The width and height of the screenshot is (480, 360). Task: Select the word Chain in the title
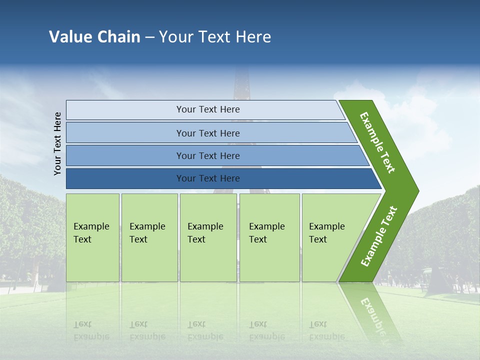(119, 36)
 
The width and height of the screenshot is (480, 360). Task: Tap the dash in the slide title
(149, 37)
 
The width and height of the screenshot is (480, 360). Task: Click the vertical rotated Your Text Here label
(57, 143)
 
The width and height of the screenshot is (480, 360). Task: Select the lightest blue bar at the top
(205, 109)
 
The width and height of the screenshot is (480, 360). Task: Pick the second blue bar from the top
(211, 132)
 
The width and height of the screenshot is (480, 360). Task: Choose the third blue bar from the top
(217, 155)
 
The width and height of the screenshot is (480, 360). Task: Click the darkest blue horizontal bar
(223, 178)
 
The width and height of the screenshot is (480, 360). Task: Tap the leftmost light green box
(93, 237)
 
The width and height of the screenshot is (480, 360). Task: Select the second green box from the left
(149, 237)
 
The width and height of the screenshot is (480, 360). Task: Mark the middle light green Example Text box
(208, 237)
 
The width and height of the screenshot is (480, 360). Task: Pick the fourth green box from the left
(269, 237)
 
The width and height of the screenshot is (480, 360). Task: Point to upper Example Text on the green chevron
(377, 142)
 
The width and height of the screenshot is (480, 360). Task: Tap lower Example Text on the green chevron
(379, 236)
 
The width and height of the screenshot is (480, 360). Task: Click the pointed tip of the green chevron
(419, 191)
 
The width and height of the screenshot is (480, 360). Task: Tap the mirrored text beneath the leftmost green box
(91, 331)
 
